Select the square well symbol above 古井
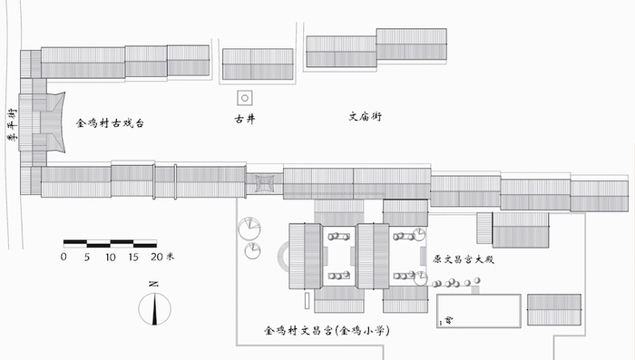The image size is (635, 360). point(244,97)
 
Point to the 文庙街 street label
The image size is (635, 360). point(366,116)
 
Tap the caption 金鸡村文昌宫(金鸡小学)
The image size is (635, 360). point(327,331)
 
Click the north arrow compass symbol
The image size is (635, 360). point(154,309)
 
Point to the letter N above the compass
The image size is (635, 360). point(154,285)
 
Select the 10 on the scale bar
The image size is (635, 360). point(110,257)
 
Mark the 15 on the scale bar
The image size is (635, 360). point(132,257)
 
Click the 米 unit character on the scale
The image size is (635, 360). point(171,257)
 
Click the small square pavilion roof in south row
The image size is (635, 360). point(264,184)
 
